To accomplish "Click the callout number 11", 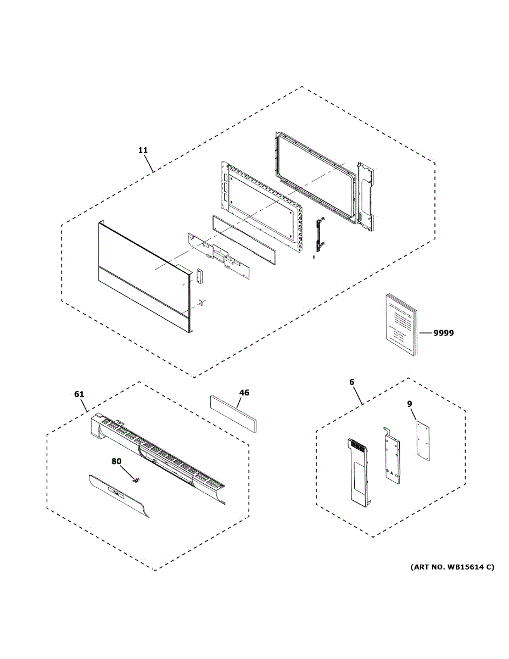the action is coord(143,150).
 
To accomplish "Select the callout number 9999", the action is coord(444,333).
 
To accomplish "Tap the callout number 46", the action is coord(244,393).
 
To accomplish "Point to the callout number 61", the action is coord(80,394).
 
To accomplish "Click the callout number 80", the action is coord(116,462).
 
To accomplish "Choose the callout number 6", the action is coord(351,382).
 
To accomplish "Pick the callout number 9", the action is coord(410,404).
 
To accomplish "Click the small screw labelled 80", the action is coord(136,480).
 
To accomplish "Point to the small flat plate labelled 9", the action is coord(422,441).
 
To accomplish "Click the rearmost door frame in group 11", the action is coord(313,176).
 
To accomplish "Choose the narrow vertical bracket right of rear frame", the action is coord(366,195).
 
